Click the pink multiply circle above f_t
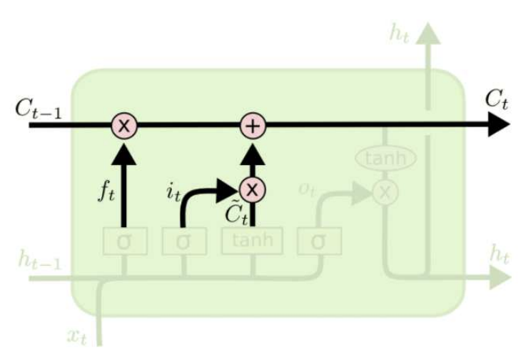(123, 126)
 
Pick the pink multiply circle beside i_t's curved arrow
(251, 189)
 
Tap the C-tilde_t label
(233, 213)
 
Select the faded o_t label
(308, 189)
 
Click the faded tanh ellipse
(385, 158)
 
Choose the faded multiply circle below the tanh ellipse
(385, 191)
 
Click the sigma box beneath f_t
(123, 241)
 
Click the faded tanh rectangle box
(251, 241)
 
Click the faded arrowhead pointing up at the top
(428, 32)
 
